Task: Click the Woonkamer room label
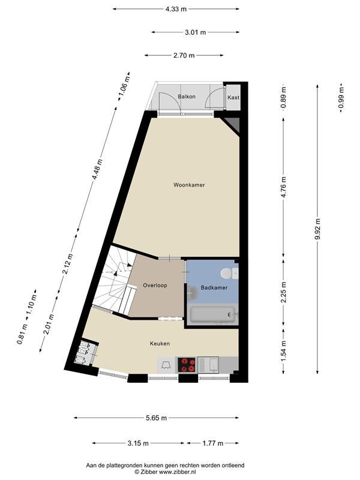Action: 189,185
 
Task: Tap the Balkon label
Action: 187,97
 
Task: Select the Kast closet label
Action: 233,97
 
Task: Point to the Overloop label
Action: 155,286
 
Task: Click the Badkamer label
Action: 214,288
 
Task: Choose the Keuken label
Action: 160,343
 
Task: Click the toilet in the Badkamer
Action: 227,274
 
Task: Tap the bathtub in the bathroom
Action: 213,314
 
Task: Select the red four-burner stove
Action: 187,365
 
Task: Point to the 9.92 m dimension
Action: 317,229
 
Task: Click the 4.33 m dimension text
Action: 176,9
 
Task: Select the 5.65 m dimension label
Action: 157,418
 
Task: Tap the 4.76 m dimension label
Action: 283,187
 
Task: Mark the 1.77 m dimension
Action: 213,443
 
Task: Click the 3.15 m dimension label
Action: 139,443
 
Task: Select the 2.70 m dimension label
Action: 184,55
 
